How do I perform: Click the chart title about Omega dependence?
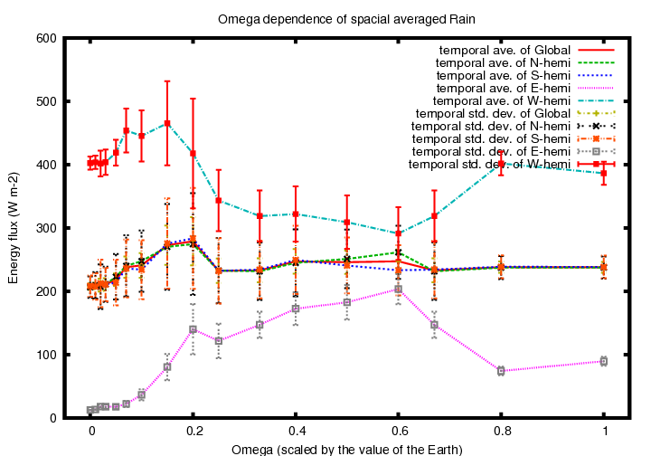[x=346, y=20]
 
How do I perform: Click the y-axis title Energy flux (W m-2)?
[x=14, y=228]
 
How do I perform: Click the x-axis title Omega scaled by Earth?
[x=346, y=450]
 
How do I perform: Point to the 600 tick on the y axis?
[x=46, y=38]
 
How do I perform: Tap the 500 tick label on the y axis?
[x=46, y=101]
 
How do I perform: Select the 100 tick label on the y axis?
[x=46, y=355]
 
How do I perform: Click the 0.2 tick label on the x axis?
[x=194, y=431]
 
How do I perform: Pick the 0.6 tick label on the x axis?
[x=400, y=431]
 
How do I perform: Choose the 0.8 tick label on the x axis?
[x=503, y=431]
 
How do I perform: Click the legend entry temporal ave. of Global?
[x=505, y=51]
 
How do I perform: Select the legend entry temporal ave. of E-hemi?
[x=504, y=88]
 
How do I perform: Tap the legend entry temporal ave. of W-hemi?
[x=502, y=101]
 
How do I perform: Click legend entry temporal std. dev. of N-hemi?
[x=491, y=127]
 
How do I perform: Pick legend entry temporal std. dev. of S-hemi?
[x=491, y=138]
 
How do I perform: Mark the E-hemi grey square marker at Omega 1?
[x=604, y=361]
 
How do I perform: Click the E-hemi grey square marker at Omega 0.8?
[x=501, y=371]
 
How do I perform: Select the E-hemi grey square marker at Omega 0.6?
[x=398, y=289]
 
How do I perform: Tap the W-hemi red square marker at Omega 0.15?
[x=167, y=123]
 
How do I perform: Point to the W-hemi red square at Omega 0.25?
[x=219, y=201]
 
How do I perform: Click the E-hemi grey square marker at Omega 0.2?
[x=193, y=329]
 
